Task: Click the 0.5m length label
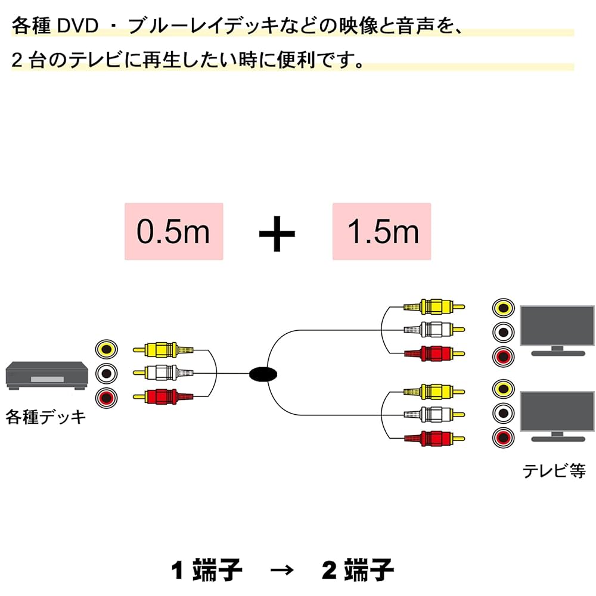pyautogui.click(x=173, y=231)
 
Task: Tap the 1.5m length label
pyautogui.click(x=381, y=231)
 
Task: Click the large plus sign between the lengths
pyautogui.click(x=277, y=232)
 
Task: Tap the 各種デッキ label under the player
pyautogui.click(x=46, y=417)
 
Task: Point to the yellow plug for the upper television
pyautogui.click(x=434, y=307)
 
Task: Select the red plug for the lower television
pyautogui.click(x=434, y=439)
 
